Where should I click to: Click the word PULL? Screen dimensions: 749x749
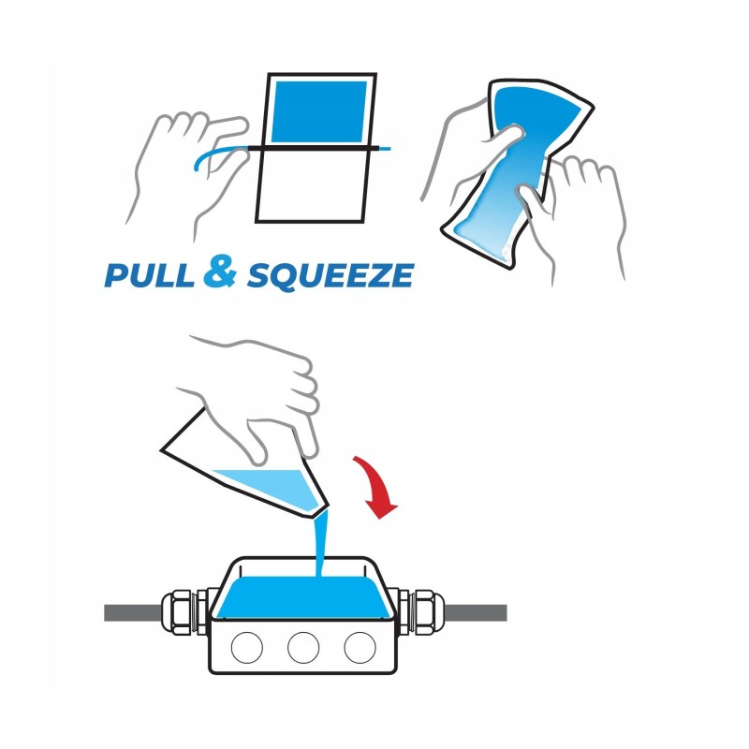(150, 274)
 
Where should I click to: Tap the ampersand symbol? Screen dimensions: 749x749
(220, 271)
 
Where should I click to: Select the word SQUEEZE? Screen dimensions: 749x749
(330, 275)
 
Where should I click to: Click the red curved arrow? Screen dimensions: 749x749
(377, 486)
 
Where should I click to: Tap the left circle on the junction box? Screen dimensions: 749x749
(247, 647)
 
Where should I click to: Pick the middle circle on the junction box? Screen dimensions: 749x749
(303, 647)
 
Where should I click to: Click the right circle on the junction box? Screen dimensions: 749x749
(360, 647)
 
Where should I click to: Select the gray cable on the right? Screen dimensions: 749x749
(476, 613)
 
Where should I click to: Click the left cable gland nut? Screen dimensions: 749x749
(177, 613)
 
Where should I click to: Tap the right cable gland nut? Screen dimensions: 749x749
(429, 613)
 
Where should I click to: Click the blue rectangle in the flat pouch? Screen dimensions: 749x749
(319, 111)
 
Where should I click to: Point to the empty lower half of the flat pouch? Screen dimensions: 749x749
(312, 185)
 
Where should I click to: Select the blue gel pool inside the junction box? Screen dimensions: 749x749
(303, 597)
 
